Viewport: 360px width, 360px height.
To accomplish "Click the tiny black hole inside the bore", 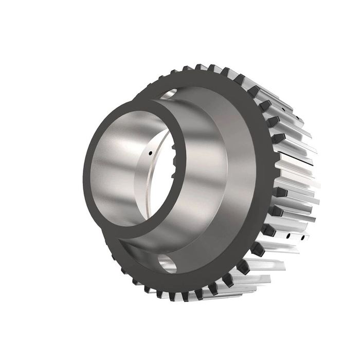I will [150, 153].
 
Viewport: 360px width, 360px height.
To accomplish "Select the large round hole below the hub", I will [167, 263].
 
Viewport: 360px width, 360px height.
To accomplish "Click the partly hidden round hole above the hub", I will [170, 93].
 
